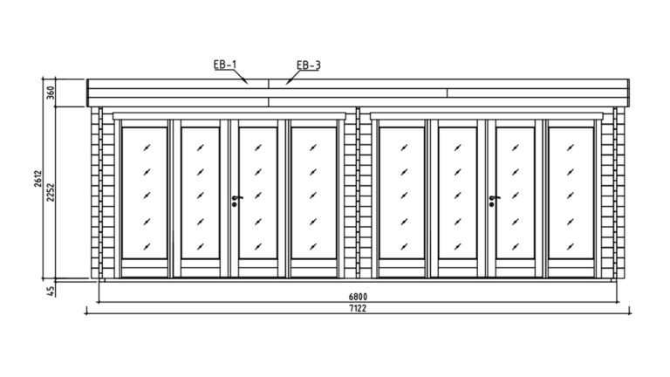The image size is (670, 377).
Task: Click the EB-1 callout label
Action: (225, 65)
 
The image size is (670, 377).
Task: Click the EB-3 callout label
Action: (308, 65)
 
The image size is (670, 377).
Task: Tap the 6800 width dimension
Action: (358, 297)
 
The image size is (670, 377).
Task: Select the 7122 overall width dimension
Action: (358, 308)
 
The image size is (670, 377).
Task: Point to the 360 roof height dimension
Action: (50, 93)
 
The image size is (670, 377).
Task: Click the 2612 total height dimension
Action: (38, 179)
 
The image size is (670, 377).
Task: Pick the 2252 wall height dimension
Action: (51, 192)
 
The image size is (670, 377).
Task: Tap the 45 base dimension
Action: (51, 291)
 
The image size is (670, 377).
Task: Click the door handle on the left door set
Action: (236, 200)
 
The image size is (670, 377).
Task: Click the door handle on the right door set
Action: (493, 200)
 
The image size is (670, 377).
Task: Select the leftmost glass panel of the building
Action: (145, 193)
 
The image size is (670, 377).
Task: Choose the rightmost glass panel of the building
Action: (571, 193)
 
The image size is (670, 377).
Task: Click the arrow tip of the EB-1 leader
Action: (248, 84)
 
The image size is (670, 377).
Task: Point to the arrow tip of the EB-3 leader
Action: (286, 84)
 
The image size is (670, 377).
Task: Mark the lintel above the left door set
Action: (229, 116)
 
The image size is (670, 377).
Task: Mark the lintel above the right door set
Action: (486, 116)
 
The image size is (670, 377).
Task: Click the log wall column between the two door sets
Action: (358, 193)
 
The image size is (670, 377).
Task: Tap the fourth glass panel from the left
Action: (314, 193)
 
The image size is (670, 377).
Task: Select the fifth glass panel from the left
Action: (401, 193)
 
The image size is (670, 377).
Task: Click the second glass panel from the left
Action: (201, 193)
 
